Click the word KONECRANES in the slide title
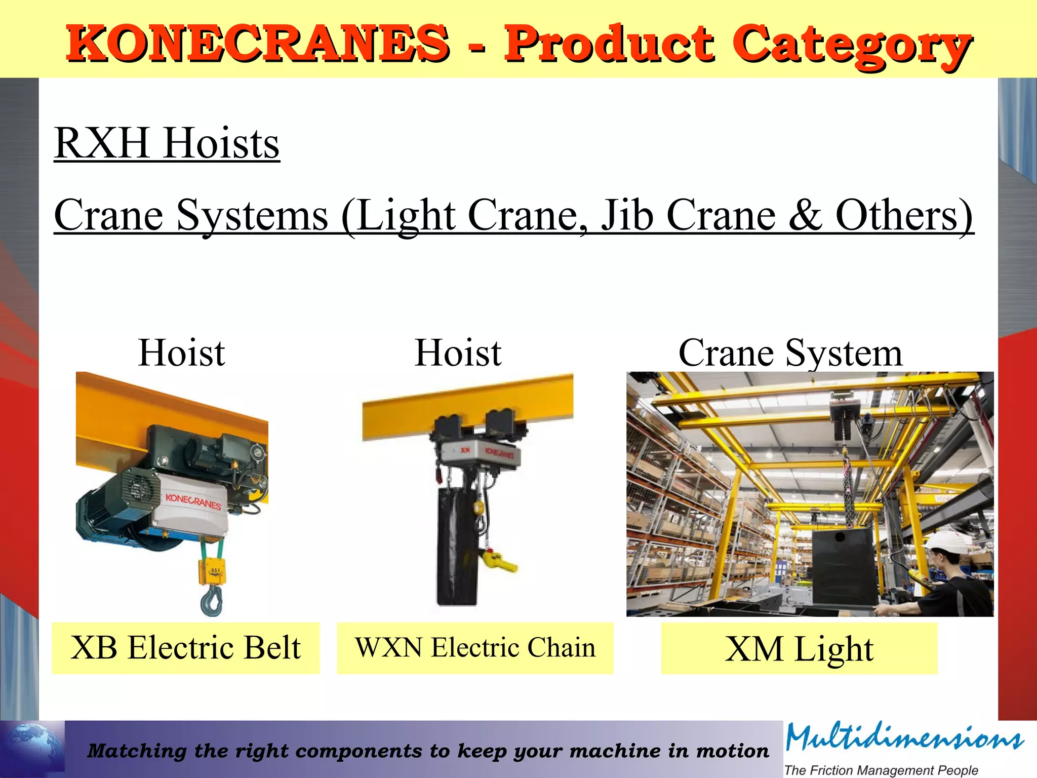(257, 44)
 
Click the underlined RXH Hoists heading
(167, 143)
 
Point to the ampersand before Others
(805, 215)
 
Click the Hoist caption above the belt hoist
(181, 353)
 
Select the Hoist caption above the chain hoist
(458, 353)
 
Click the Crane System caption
(790, 353)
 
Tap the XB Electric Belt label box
(185, 648)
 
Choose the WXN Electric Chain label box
(475, 648)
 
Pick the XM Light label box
(799, 648)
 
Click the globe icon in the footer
(31, 749)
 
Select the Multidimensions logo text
(904, 738)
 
